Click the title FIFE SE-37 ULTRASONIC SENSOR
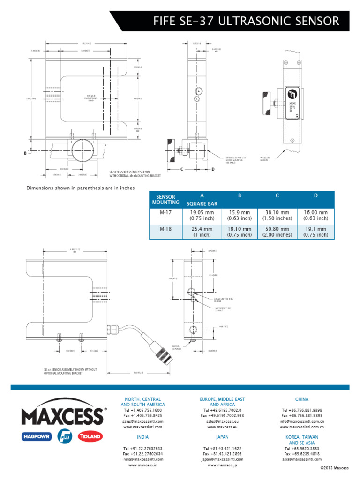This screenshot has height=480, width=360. (x=247, y=21)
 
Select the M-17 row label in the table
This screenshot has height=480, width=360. (x=166, y=212)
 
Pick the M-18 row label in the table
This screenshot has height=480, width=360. (x=166, y=229)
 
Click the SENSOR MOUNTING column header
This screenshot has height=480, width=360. (x=166, y=199)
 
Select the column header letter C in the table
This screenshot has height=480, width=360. (x=277, y=195)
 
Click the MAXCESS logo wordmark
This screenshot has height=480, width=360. (x=62, y=416)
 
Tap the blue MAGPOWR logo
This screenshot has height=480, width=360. (x=37, y=436)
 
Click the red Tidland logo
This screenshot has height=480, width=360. (x=90, y=436)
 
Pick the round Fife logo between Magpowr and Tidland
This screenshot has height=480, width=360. (x=63, y=436)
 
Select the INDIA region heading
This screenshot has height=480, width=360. (x=143, y=436)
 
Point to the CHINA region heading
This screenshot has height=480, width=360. (x=302, y=399)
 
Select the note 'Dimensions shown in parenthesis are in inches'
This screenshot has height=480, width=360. (x=80, y=188)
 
